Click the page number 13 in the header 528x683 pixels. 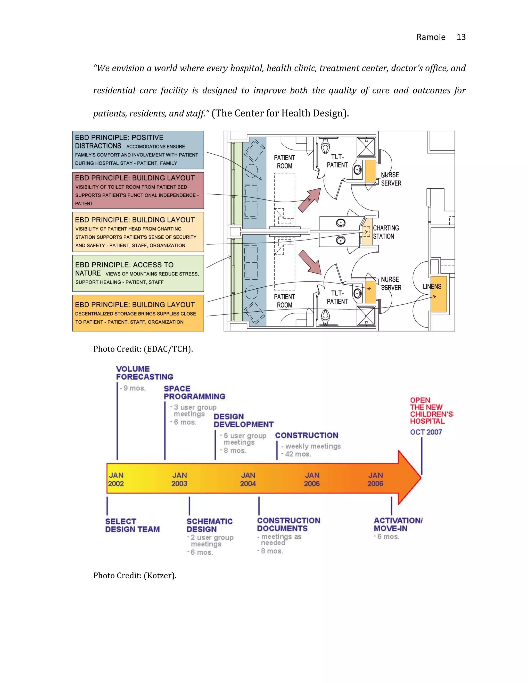pos(461,37)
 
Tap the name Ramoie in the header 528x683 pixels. pos(431,37)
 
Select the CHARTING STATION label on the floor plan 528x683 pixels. pos(386,232)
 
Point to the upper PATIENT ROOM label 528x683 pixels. pos(284,162)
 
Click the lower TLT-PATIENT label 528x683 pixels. pos(337,297)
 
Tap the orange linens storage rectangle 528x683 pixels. pos(439,294)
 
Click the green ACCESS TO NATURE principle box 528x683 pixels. pos(138,273)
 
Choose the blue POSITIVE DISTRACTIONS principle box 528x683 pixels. pos(138,150)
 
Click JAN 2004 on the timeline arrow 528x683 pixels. pos(248,479)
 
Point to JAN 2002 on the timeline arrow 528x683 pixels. pos(116,479)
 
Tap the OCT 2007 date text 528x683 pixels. pos(426,432)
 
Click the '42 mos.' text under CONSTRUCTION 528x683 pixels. pos(298,454)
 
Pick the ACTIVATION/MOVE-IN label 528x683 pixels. pos(398,524)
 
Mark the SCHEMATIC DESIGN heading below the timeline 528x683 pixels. pos(209,525)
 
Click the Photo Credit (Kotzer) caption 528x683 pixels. pos(135,576)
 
